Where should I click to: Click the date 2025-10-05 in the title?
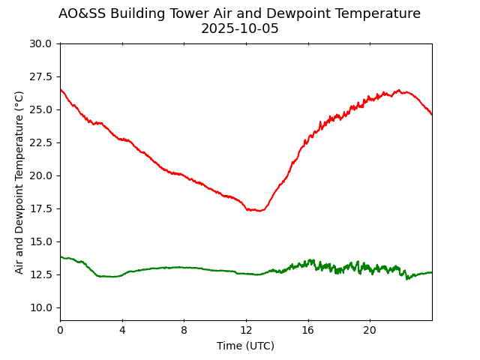pyautogui.click(x=239, y=28)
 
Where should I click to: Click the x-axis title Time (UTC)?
pyautogui.click(x=245, y=346)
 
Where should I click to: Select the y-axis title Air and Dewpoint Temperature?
pyautogui.click(x=19, y=182)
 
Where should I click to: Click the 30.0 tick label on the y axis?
pyautogui.click(x=40, y=43)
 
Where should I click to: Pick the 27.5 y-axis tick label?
pyautogui.click(x=40, y=76)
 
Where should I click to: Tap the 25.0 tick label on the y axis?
pyautogui.click(x=40, y=109)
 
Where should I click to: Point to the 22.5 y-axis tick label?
pyautogui.click(x=40, y=142)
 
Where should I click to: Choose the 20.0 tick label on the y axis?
pyautogui.click(x=40, y=175)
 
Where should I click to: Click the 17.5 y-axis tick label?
pyautogui.click(x=40, y=208)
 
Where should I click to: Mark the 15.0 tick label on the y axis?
pyautogui.click(x=40, y=241)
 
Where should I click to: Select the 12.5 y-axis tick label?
pyautogui.click(x=40, y=274)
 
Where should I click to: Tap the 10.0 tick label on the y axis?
pyautogui.click(x=40, y=307)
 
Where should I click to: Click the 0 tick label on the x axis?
pyautogui.click(x=60, y=330)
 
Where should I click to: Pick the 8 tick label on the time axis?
pyautogui.click(x=184, y=330)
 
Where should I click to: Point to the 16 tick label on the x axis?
pyautogui.click(x=307, y=330)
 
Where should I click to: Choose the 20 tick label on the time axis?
pyautogui.click(x=370, y=330)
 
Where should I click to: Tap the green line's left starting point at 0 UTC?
pyautogui.click(x=61, y=257)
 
